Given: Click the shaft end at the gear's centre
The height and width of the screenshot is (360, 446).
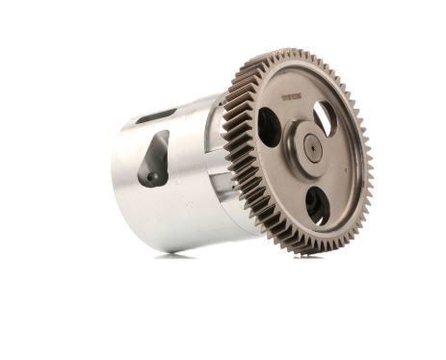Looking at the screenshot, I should point(312,147).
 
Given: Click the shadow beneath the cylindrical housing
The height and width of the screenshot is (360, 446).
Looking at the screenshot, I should point(173,254).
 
